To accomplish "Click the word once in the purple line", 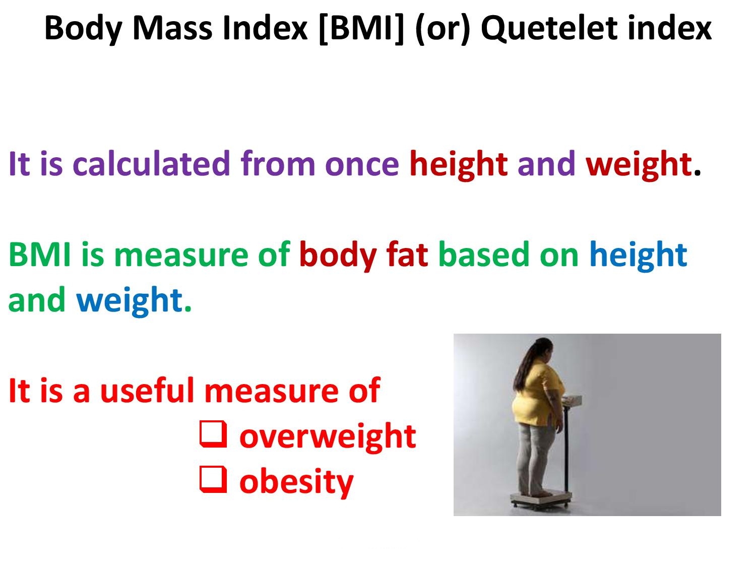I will tap(362, 164).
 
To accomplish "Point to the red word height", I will tap(458, 164).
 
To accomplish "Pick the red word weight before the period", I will tap(638, 164).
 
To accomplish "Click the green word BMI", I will tap(39, 255).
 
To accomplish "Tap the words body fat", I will tap(363, 255).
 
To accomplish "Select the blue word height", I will tap(638, 255).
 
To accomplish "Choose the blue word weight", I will tap(129, 300).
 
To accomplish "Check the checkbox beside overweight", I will tap(212, 435).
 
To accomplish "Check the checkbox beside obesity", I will tap(212, 480).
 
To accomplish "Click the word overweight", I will tap(328, 436).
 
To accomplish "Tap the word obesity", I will tap(296, 481).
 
